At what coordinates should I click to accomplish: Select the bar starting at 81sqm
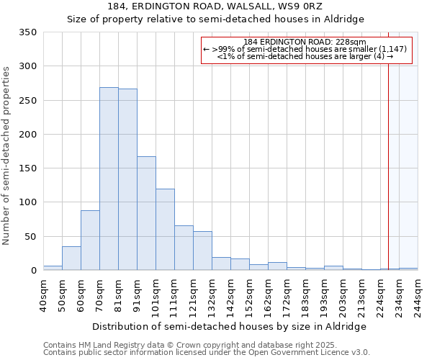coord(127,179)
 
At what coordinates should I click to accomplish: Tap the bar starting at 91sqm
coord(146,213)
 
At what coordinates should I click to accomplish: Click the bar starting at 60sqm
coord(90,240)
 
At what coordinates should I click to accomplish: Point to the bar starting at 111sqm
coord(184,248)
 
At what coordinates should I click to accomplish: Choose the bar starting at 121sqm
coord(202,251)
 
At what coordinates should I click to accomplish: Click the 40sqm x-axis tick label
coord(43,295)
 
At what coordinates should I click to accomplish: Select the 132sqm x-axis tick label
coord(212,295)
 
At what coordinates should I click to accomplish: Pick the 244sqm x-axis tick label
coord(418,295)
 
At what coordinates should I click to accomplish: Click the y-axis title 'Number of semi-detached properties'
coord(7,155)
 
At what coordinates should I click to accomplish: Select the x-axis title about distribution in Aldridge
coord(230,326)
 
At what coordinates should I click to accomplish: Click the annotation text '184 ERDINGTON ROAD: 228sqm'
coord(305,42)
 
